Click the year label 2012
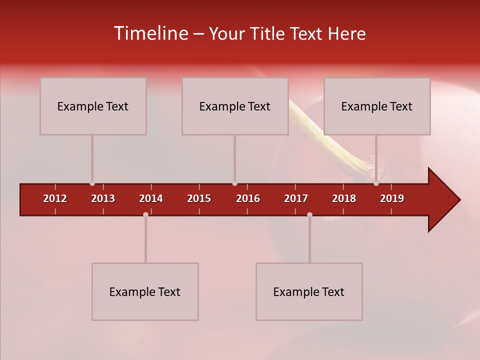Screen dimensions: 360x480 pos(55,198)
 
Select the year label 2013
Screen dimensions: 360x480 pos(103,198)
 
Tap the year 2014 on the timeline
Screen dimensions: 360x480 pos(151,198)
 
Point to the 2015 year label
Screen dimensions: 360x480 pos(199,198)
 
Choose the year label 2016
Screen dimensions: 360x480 pos(248,198)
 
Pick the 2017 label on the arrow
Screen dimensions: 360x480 pos(296,198)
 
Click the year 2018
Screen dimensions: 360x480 pos(344,198)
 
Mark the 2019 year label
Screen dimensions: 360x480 pos(392,198)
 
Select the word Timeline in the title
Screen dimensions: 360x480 pos(151,33)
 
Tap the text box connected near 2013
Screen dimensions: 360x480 pos(93,106)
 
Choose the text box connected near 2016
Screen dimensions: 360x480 pos(235,106)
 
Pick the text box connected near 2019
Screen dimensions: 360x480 pos(377,106)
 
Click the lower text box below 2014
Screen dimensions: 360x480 pos(145,291)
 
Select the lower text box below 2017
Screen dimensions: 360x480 pos(309,291)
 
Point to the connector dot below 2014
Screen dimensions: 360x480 pos(145,214)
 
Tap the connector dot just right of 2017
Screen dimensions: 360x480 pos(309,214)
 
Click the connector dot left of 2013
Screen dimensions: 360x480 pos(92,183)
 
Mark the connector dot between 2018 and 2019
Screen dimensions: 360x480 pos(376,183)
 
